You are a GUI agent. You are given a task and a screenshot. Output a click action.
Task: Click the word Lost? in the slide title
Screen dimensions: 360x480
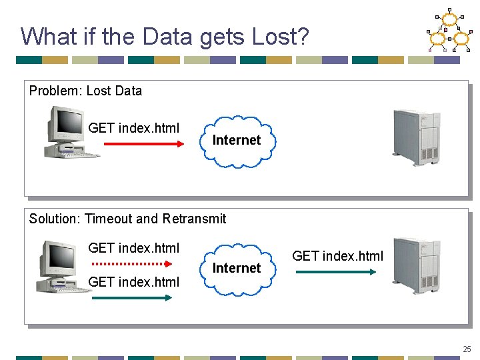click(x=281, y=36)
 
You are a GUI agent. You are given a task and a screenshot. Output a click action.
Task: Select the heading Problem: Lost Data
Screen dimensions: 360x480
click(x=85, y=91)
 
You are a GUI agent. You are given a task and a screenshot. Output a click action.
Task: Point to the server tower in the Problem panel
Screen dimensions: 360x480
click(x=416, y=137)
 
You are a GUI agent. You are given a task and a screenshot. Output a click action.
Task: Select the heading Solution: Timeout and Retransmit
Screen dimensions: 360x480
click(x=127, y=219)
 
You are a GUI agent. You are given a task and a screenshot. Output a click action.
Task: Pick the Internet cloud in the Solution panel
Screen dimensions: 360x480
click(x=236, y=268)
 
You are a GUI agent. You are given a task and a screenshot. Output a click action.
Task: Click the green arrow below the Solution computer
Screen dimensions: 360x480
click(x=131, y=297)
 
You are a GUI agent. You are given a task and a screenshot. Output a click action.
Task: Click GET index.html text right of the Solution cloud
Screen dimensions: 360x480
click(x=337, y=256)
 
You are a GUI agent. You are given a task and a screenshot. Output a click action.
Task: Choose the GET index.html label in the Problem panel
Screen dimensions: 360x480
click(x=133, y=128)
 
